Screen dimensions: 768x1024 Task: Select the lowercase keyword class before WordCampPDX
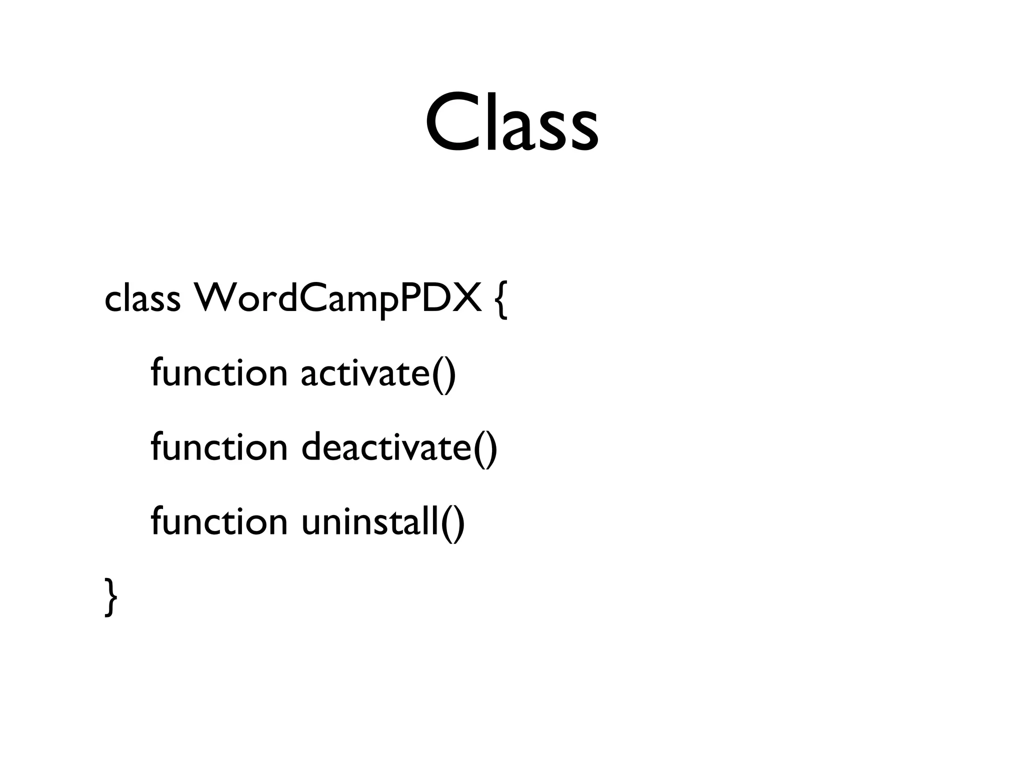pyautogui.click(x=142, y=299)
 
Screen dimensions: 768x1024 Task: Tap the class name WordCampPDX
pyautogui.click(x=337, y=299)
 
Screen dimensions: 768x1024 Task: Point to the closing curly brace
pyautogui.click(x=111, y=597)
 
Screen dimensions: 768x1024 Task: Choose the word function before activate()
pyautogui.click(x=219, y=373)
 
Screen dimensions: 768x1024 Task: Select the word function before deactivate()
pyautogui.click(x=219, y=447)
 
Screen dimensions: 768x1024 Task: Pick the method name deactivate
pyautogui.click(x=386, y=447)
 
